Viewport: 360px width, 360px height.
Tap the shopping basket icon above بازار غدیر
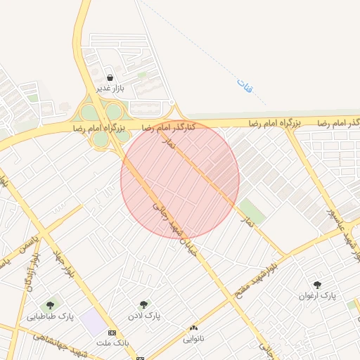coord(110,77)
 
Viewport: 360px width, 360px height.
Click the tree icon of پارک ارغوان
coord(318,285)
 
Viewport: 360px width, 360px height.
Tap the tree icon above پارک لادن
coord(143,304)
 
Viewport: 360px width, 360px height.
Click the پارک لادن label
coord(143,316)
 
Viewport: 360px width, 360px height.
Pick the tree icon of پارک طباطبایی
coord(50,305)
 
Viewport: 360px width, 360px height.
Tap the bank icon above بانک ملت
coord(112,331)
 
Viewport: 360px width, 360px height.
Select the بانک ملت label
coord(112,342)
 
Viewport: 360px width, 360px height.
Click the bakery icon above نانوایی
coord(193,328)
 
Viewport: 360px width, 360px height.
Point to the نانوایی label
coord(193,338)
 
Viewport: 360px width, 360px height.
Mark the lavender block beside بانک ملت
coord(91,322)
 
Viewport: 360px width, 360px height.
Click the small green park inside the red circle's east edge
coord(251,210)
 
